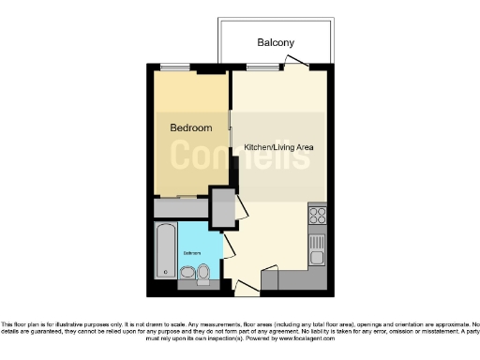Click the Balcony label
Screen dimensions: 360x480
[276, 43]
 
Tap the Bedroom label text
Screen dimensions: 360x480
[190, 127]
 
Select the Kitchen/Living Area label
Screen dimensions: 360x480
[278, 148]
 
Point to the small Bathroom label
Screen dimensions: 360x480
[192, 252]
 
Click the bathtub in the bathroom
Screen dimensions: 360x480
[166, 250]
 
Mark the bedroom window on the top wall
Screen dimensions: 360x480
[214, 67]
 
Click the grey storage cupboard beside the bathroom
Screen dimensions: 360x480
[222, 207]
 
